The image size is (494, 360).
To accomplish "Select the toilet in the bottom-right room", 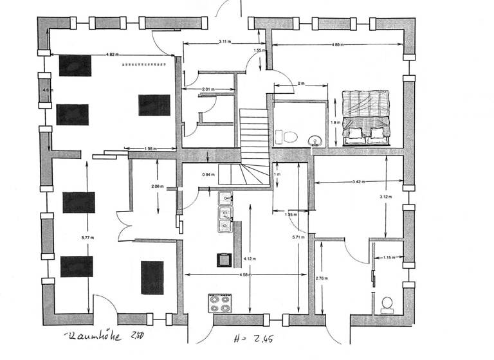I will [x=387, y=304].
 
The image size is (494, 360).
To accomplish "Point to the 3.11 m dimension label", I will [x=224, y=42].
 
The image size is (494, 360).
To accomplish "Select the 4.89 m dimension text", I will [x=337, y=44].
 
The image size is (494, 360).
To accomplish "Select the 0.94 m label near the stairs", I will [x=208, y=175].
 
